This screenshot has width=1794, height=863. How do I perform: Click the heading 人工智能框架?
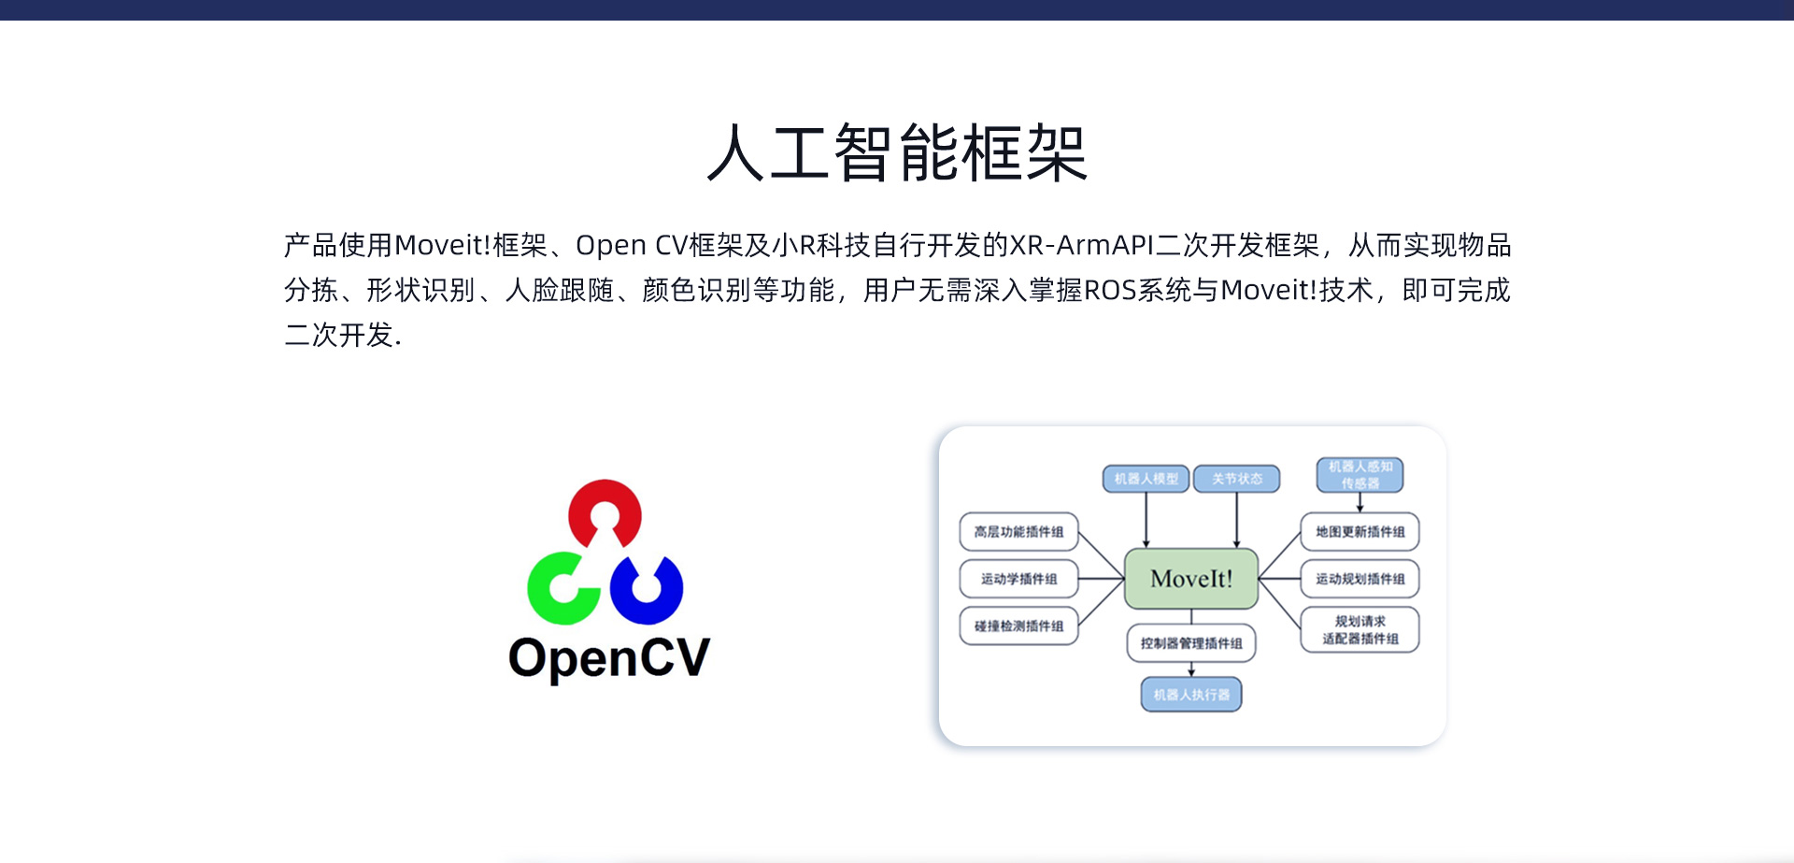pos(897,153)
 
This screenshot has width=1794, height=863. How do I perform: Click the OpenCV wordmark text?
pos(609,657)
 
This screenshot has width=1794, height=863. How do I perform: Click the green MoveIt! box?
pos(1191,579)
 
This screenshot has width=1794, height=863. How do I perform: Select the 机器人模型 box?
pos(1146,479)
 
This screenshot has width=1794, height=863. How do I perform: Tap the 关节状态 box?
pos(1237,479)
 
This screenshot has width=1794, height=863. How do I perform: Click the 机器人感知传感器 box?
pos(1360,475)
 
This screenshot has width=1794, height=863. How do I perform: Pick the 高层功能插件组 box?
pos(1018,532)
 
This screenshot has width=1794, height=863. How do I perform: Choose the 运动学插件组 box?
pos(1018,579)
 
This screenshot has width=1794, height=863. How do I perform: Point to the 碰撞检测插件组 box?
pos(1018,626)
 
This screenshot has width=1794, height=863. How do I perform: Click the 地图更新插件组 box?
pos(1360,532)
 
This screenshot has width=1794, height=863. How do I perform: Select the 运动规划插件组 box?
pos(1360,579)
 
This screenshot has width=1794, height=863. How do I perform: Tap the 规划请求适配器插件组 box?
pos(1360,629)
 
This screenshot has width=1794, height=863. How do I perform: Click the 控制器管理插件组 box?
pos(1191,643)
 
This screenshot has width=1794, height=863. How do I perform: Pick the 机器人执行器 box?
pos(1191,695)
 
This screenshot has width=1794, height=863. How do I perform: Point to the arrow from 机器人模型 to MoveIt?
pos(1146,520)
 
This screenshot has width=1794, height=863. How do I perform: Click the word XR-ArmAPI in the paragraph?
pos(1082,245)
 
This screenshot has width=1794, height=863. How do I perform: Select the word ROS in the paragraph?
pos(1110,291)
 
